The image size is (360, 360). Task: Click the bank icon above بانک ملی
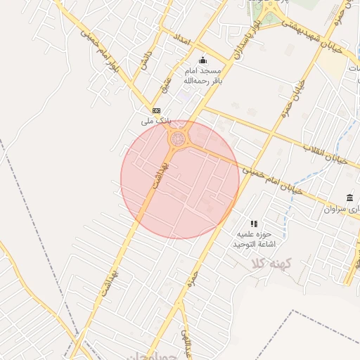156,111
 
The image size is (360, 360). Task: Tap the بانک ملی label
156,121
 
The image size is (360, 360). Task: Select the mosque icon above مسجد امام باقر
203,60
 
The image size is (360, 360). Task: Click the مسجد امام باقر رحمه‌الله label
203,76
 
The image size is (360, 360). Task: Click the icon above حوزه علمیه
254,223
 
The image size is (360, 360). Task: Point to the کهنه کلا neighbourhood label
265,264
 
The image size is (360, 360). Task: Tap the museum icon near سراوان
349,198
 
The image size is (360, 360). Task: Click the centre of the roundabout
178,138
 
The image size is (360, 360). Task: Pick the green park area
268,12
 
